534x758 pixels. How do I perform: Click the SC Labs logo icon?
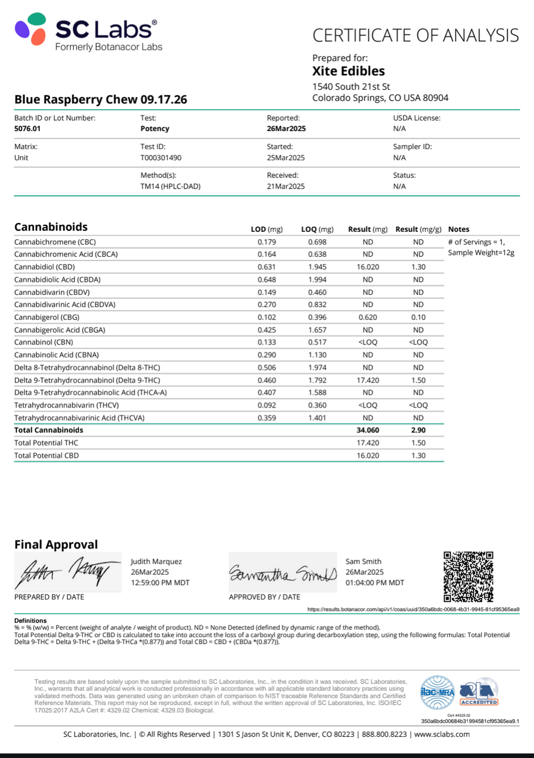pyautogui.click(x=30, y=29)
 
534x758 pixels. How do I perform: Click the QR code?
pyautogui.click(x=468, y=577)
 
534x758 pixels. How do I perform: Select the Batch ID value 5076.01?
pyautogui.click(x=27, y=129)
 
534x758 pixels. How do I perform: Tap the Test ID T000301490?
pyautogui.click(x=161, y=158)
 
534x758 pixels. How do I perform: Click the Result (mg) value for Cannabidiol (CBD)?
pyautogui.click(x=368, y=267)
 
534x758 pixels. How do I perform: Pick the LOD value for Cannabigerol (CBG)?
pyautogui.click(x=266, y=317)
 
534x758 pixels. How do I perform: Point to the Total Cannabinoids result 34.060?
pyautogui.click(x=368, y=430)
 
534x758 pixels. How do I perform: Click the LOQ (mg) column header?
pyautogui.click(x=317, y=229)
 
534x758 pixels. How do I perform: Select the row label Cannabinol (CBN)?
pyautogui.click(x=44, y=342)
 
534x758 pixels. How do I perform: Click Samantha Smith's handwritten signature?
pyautogui.click(x=282, y=573)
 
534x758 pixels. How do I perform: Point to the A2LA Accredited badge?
pyautogui.click(x=479, y=693)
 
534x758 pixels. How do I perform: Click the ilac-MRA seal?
pyautogui.click(x=438, y=693)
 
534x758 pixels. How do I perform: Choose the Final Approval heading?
pyautogui.click(x=56, y=544)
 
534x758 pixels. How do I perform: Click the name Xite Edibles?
pyautogui.click(x=348, y=71)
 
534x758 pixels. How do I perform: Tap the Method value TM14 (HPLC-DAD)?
pyautogui.click(x=170, y=186)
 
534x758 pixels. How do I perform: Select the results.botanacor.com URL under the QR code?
pyautogui.click(x=413, y=609)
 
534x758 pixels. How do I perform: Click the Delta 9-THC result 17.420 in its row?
pyautogui.click(x=368, y=380)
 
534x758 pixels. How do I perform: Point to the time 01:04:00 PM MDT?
pyautogui.click(x=374, y=583)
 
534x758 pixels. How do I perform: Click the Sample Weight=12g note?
pyautogui.click(x=481, y=253)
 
